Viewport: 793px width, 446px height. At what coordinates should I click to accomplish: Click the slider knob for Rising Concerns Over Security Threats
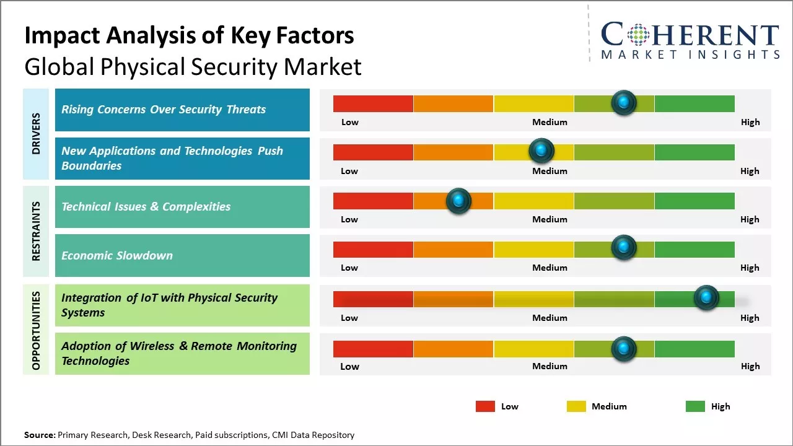pos(624,102)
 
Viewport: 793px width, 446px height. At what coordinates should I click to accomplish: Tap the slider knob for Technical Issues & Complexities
pos(458,201)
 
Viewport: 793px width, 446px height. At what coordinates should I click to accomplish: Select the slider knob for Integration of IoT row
pos(706,298)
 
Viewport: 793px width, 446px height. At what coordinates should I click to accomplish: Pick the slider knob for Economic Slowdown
pos(624,248)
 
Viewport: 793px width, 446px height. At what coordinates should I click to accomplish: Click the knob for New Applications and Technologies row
pos(541,151)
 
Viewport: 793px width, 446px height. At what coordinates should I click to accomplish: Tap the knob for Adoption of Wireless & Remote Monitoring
pos(624,349)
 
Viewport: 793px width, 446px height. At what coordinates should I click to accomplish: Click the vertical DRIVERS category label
pos(36,134)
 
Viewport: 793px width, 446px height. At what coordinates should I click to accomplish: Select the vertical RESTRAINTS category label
pos(36,231)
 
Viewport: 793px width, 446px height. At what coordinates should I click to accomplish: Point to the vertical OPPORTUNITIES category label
pos(36,330)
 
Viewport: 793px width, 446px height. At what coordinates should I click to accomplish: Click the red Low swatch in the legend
pos(485,406)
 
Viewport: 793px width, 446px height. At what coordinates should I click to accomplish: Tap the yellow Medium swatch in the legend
pos(576,406)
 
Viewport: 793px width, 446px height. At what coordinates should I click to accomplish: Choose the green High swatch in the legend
pos(695,406)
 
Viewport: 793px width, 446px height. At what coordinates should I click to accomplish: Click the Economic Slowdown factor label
pos(117,255)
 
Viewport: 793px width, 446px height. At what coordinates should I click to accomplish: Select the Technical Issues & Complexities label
pos(146,207)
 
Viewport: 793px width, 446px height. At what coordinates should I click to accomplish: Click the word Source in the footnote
pos(39,435)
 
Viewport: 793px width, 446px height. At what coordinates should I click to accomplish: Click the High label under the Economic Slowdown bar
pos(750,268)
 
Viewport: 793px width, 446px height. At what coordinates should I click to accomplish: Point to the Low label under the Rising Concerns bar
pos(350,122)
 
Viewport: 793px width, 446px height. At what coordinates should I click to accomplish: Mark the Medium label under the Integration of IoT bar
pos(550,318)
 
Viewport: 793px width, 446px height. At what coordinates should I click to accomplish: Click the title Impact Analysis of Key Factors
pos(189,36)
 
